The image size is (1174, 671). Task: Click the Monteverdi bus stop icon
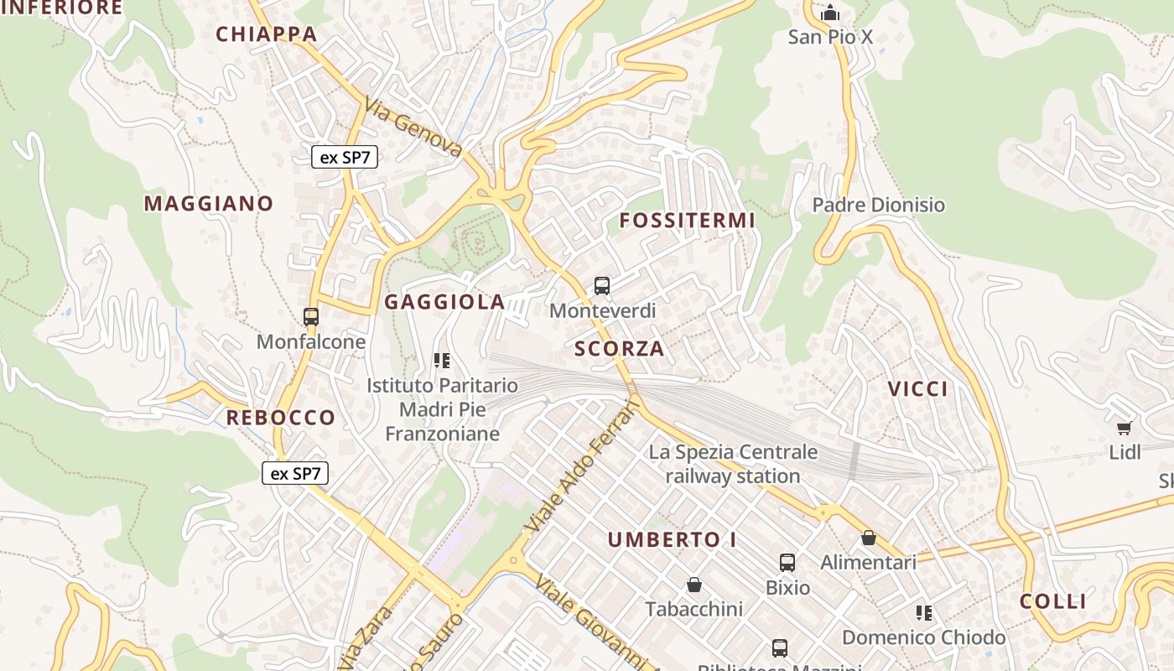[x=602, y=285]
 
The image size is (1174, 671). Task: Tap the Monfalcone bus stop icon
[x=311, y=317]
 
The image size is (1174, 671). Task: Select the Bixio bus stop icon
[x=787, y=562]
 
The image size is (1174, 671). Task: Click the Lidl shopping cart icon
[x=1125, y=429]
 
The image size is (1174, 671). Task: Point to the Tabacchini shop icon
[x=693, y=584]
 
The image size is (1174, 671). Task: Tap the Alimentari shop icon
[x=869, y=538]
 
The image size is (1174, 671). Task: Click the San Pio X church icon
[x=830, y=13]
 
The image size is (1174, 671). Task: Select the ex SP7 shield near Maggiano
[x=345, y=156]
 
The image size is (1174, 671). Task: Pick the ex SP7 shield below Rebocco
[x=295, y=473]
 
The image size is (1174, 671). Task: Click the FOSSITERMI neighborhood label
[x=688, y=221]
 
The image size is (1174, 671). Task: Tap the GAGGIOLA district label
[x=444, y=302]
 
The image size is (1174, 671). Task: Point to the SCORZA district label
[x=619, y=349]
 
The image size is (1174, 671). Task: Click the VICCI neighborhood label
[x=918, y=388]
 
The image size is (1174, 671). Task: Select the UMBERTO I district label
[x=673, y=539]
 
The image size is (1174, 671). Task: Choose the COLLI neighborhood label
[x=1053, y=601]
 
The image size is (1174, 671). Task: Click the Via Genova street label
[x=414, y=128]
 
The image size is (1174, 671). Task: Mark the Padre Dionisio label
[x=878, y=205]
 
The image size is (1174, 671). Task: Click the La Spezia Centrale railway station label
[x=733, y=464]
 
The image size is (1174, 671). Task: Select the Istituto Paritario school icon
[x=442, y=361]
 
